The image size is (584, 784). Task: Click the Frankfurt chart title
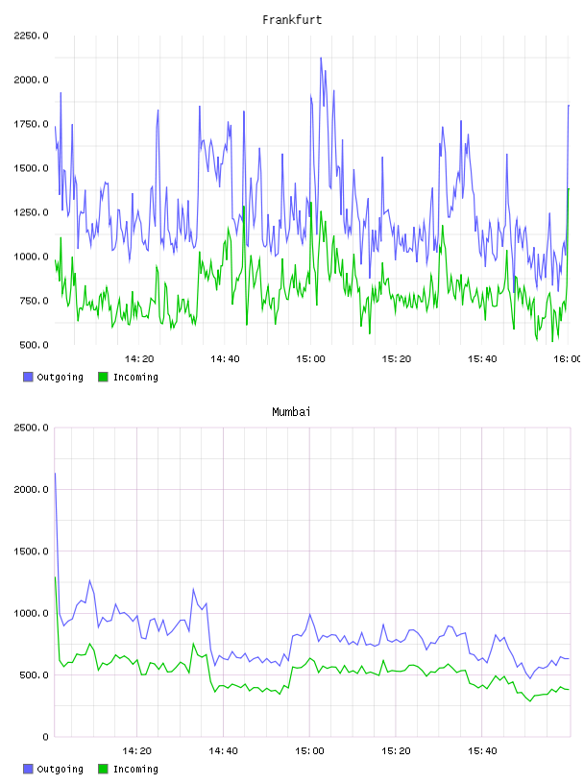pos(292,20)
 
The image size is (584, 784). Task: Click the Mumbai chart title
pos(291,412)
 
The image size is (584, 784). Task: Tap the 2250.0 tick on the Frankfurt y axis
pos(31,36)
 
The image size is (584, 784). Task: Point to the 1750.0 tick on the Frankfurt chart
pos(31,124)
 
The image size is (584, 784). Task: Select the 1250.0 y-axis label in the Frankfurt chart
pos(31,212)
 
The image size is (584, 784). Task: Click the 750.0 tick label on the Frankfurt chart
pos(34,301)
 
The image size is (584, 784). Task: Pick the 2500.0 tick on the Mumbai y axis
pos(31,428)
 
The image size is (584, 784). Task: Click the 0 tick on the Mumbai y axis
pos(45,737)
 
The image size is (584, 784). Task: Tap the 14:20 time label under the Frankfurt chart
pos(139,359)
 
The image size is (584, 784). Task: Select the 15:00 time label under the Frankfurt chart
pos(310,359)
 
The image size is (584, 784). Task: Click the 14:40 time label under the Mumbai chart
pos(223,751)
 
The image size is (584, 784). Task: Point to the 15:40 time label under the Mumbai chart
pos(482,751)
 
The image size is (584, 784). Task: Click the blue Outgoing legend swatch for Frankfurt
pos(28,377)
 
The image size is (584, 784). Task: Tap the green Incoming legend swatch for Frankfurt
pos(103,377)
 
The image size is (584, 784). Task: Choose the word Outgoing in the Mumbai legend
pos(60,769)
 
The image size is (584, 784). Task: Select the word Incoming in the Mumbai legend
pos(135,769)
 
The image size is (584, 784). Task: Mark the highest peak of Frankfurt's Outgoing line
pos(321,58)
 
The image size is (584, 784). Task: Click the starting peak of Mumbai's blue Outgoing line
pos(55,473)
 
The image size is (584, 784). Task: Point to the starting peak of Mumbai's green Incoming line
pos(55,577)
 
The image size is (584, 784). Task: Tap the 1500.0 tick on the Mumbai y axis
pos(31,551)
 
